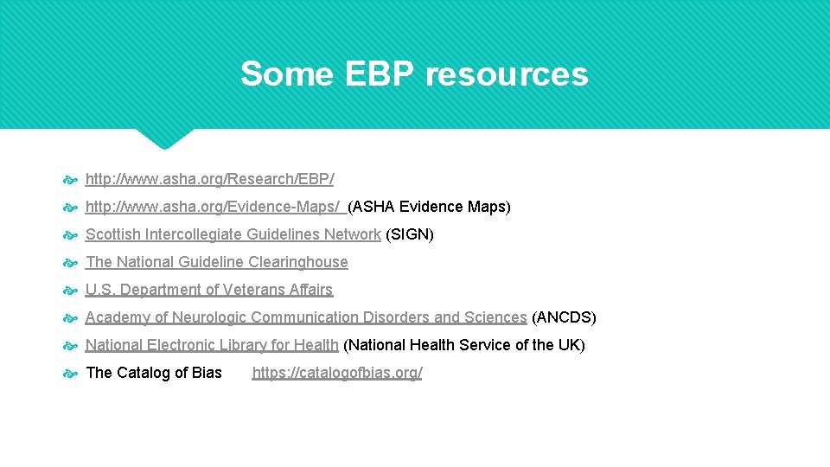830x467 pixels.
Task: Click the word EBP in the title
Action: [x=380, y=74]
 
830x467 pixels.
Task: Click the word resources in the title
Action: [x=507, y=74]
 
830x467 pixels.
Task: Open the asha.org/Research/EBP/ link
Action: [x=209, y=179]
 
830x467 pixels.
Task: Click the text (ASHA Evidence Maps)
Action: [x=429, y=207]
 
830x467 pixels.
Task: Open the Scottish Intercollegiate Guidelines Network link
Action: [x=233, y=234]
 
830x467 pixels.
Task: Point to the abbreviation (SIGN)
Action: [x=409, y=234]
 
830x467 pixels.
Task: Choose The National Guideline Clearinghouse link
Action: [x=216, y=262]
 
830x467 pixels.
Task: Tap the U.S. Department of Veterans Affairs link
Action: [x=208, y=290]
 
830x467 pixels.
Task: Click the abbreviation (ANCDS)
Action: [x=564, y=317]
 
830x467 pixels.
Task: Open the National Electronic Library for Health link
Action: [x=212, y=345]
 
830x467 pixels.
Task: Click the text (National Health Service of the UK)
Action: [x=464, y=345]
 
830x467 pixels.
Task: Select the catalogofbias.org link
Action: [x=337, y=373]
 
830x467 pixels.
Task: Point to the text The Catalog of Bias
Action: [x=154, y=373]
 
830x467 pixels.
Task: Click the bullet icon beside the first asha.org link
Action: [x=71, y=180]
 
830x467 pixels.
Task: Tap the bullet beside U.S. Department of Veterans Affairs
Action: [x=71, y=291]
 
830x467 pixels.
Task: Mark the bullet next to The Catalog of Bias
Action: [x=71, y=374]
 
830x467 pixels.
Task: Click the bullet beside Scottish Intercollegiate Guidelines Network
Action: [x=71, y=235]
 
